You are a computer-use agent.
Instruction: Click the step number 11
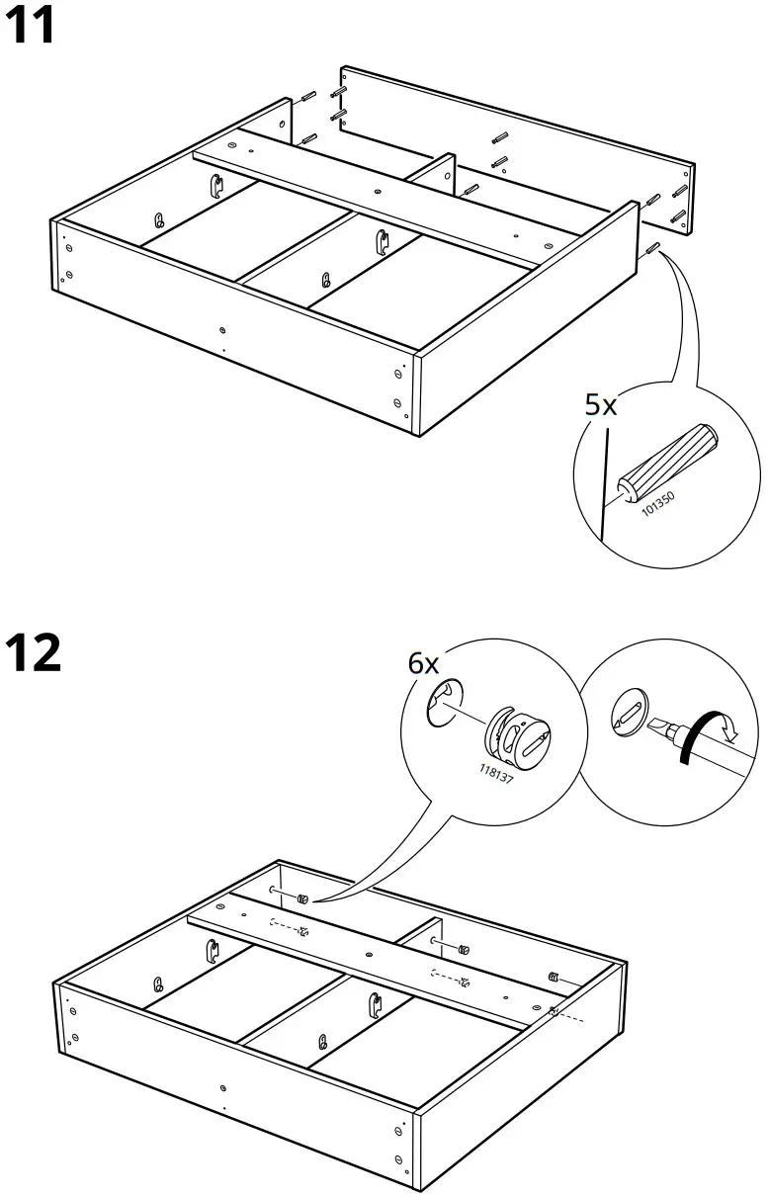point(32,27)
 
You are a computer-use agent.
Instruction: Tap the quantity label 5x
point(600,404)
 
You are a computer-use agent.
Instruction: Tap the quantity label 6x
point(424,663)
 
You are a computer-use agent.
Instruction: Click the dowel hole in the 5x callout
point(625,488)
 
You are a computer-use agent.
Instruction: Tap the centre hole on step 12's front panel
point(225,1087)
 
